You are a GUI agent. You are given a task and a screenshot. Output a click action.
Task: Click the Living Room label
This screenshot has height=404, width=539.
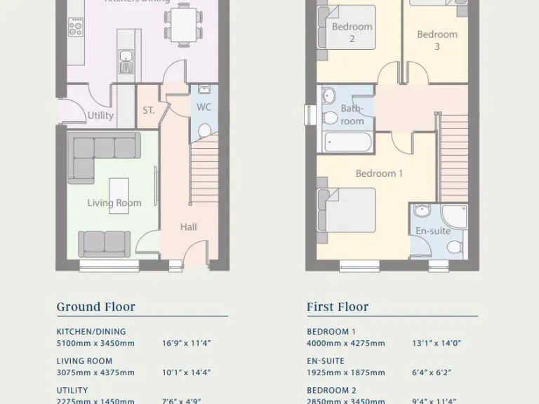pyautogui.click(x=114, y=203)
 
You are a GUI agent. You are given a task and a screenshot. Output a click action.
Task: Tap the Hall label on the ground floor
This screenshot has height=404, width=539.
pyautogui.click(x=188, y=227)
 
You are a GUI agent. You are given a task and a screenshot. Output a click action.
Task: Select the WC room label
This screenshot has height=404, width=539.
pyautogui.click(x=204, y=107)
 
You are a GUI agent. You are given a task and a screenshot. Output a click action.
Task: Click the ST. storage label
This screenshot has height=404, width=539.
pyautogui.click(x=148, y=111)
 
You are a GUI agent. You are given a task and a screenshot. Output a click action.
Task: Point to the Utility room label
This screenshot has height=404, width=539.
pyautogui.click(x=100, y=116)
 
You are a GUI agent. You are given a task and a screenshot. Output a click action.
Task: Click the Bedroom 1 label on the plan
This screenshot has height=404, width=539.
pyautogui.click(x=379, y=173)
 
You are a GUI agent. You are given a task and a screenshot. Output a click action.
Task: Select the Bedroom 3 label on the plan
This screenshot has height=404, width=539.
pyautogui.click(x=437, y=40)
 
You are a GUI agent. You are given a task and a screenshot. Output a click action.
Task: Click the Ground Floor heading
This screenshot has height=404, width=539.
pyautogui.click(x=95, y=307)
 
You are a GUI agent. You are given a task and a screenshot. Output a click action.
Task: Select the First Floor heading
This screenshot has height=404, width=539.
pyautogui.click(x=337, y=307)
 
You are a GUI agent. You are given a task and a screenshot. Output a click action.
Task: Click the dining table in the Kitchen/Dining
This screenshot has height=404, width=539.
pyautogui.click(x=185, y=22)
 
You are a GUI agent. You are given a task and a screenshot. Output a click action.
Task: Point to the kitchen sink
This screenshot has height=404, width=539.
pyautogui.click(x=126, y=61)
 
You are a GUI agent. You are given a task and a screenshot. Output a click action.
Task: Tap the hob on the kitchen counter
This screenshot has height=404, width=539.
pyautogui.click(x=75, y=29)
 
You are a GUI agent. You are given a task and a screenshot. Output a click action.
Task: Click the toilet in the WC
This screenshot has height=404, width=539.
pyautogui.click(x=204, y=131)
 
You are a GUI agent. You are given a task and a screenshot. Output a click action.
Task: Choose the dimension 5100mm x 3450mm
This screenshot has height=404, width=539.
pyautogui.click(x=95, y=344)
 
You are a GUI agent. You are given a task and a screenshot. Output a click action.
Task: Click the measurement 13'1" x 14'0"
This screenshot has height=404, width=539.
pyautogui.click(x=436, y=344)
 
